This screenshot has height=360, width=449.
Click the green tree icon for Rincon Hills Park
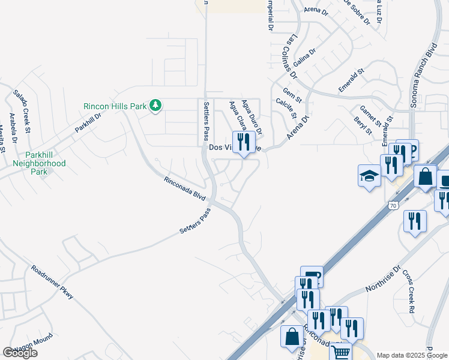click(156, 106)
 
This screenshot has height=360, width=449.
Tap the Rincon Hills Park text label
click(115, 106)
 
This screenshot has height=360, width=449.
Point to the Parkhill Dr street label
click(88, 119)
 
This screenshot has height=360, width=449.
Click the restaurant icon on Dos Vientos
click(243, 142)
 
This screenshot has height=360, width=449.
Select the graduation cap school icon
click(370, 176)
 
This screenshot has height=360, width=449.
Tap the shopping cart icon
click(340, 353)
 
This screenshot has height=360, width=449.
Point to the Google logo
click(20, 353)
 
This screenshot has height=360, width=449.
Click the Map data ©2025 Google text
click(411, 355)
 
